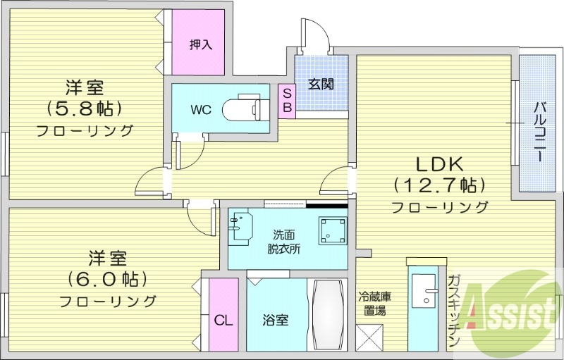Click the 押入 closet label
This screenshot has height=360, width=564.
(x=200, y=44)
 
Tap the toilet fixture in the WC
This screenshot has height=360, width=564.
(x=244, y=110)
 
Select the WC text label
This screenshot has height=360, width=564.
(x=200, y=111)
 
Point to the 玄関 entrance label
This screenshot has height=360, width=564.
(x=321, y=85)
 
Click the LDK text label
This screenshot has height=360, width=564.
(x=439, y=165)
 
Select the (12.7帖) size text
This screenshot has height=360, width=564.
(x=439, y=186)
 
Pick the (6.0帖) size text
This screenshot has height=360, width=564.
(x=107, y=278)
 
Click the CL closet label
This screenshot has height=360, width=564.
(x=223, y=321)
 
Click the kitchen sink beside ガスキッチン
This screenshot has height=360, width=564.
(x=427, y=291)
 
